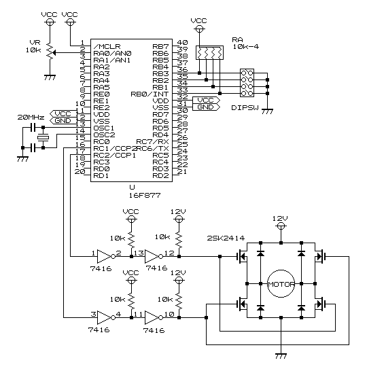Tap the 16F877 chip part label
145,195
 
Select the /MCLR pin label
107,46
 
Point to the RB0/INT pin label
150,94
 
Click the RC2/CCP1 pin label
114,156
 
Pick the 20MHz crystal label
31,118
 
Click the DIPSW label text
245,108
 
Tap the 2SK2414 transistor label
226,238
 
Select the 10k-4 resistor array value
245,47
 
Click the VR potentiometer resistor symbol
50,51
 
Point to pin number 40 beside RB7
183,42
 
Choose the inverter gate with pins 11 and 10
154,317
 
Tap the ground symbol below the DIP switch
267,111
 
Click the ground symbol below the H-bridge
281,356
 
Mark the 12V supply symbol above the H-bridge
281,226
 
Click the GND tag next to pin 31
206,107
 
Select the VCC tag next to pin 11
63,113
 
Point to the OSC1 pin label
104,128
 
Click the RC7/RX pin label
152,142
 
